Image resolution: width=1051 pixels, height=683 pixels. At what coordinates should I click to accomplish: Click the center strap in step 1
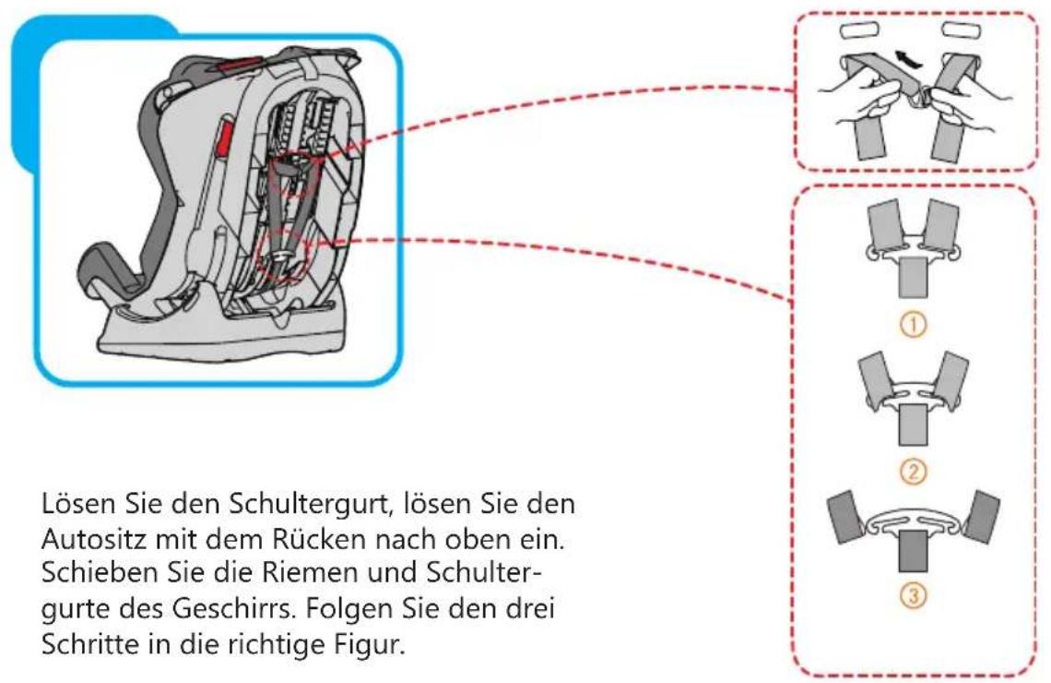911,277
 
